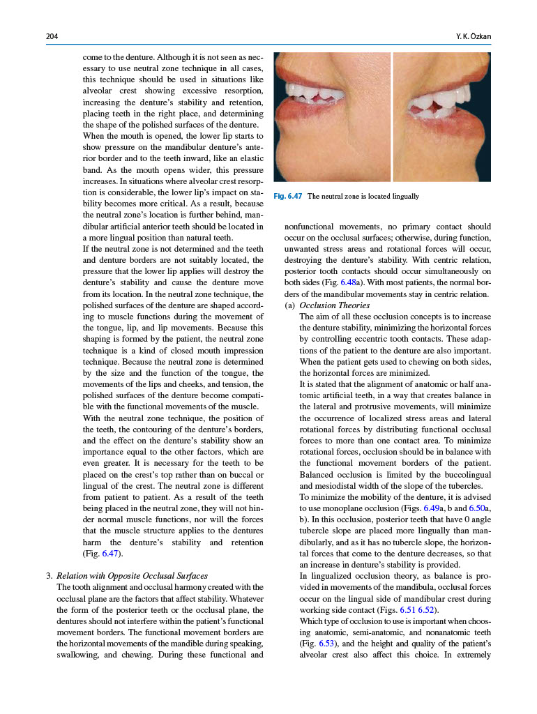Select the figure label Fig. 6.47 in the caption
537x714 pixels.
tap(288, 197)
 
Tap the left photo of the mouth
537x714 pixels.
tap(332, 116)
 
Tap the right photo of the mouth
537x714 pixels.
tap(441, 116)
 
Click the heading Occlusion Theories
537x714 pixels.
tap(334, 305)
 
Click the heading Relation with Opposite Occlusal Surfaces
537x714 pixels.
tap(132, 576)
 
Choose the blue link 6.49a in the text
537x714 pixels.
tap(432, 509)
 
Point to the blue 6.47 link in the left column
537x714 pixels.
tap(110, 554)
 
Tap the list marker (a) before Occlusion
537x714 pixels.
tap(290, 305)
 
